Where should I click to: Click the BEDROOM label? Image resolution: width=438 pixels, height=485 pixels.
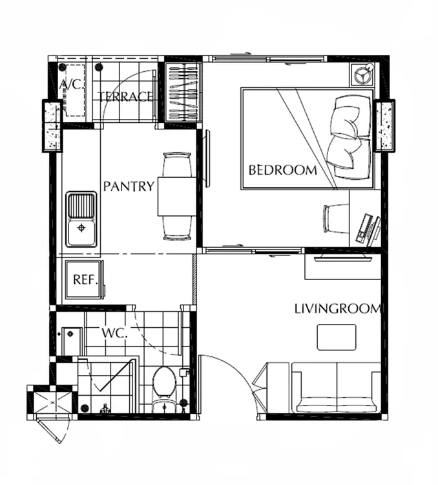click(283, 170)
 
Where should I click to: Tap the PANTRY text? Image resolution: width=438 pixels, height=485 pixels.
click(129, 186)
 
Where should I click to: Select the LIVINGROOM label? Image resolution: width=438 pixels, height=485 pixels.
click(337, 308)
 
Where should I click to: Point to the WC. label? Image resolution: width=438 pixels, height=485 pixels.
click(114, 333)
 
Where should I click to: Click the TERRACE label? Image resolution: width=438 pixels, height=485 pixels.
click(125, 96)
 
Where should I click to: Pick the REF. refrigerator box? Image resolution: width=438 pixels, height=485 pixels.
click(84, 279)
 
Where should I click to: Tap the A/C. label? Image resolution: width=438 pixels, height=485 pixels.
click(72, 84)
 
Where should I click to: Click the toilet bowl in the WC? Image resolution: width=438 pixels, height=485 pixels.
click(165, 382)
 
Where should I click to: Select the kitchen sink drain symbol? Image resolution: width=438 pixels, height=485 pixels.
click(81, 228)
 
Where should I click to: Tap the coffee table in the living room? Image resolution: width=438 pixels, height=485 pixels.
click(337, 337)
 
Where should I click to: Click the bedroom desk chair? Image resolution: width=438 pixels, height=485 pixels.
click(336, 219)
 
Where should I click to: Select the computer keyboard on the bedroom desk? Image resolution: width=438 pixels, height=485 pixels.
click(364, 228)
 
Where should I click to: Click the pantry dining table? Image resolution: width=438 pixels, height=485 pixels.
click(177, 196)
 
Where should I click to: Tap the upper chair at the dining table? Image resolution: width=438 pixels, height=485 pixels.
click(177, 164)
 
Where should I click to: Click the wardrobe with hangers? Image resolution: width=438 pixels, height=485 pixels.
click(182, 92)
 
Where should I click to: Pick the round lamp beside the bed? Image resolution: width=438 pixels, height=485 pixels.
click(362, 75)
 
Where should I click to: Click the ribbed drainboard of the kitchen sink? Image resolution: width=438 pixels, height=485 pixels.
click(81, 206)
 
